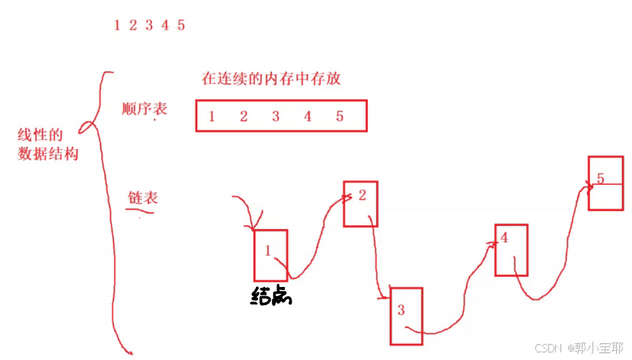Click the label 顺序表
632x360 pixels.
point(144,109)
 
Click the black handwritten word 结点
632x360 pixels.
point(271,296)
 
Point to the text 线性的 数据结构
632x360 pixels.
point(47,145)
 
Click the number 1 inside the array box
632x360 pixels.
point(211,116)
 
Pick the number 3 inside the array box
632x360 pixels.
point(276,116)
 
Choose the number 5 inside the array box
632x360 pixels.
point(340,116)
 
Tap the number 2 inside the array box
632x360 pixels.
point(244,116)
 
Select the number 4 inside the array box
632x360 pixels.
point(308,116)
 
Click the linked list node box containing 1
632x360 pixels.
point(271,255)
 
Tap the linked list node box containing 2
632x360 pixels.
point(361,203)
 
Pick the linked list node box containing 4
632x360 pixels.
point(511,249)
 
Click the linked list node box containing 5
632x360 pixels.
point(606,183)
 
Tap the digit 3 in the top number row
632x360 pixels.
point(149,25)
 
